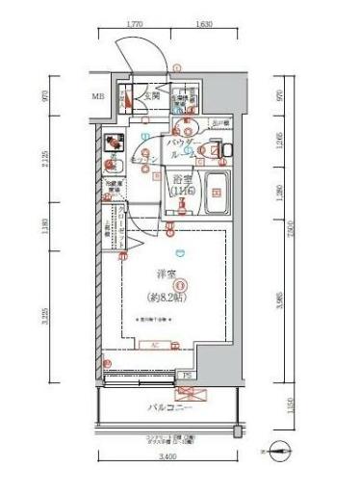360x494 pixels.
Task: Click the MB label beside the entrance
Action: pyautogui.click(x=97, y=97)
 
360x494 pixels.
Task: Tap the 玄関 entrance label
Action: pyautogui.click(x=152, y=96)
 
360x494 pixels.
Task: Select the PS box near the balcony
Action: pyautogui.click(x=186, y=375)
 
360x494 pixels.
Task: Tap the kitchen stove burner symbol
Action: pyautogui.click(x=113, y=141)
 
